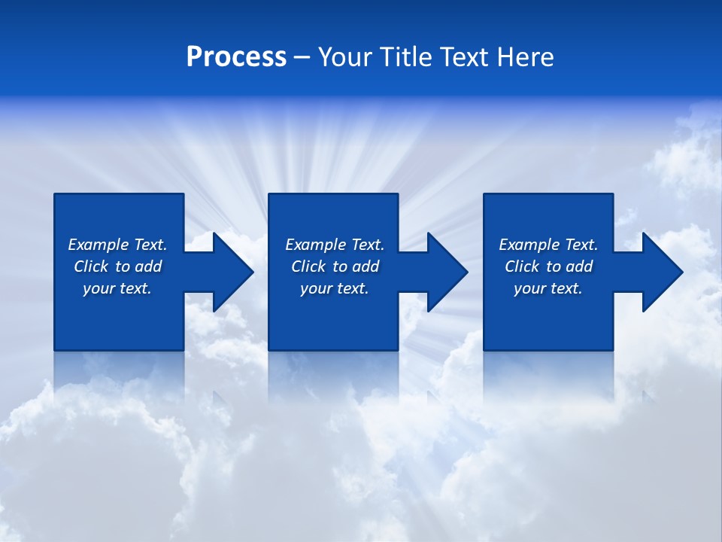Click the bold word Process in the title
click(236, 57)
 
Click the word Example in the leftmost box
click(99, 245)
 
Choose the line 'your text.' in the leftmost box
click(117, 288)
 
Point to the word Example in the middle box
click(316, 245)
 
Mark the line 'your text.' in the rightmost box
click(548, 288)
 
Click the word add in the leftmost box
click(148, 266)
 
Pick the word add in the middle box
click(366, 266)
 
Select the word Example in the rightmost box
click(529, 245)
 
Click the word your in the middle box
click(316, 289)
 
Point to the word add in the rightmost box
click(579, 266)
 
